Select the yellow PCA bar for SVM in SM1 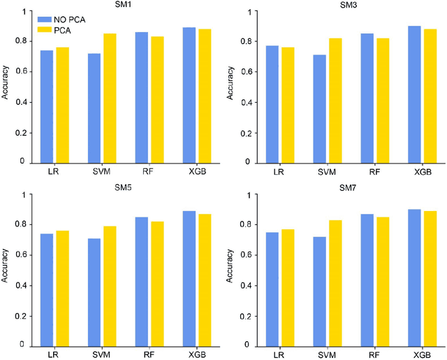pyautogui.click(x=110, y=98)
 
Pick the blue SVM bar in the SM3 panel pyautogui.click(x=320, y=109)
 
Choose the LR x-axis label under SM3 pyautogui.click(x=278, y=171)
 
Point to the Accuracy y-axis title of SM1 pyautogui.click(x=6, y=87)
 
